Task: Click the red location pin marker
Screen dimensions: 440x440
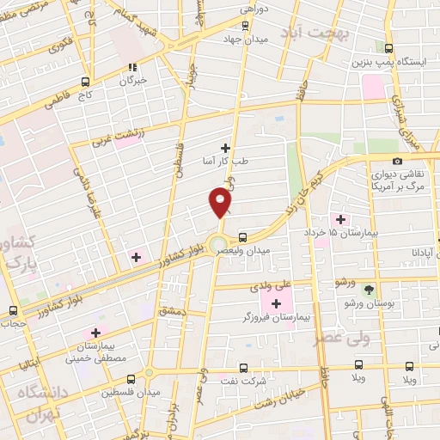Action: [221, 203]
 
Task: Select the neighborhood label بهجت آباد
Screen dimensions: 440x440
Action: [341, 34]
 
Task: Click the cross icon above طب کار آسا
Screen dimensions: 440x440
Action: [226, 149]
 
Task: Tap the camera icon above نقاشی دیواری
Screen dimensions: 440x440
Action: [397, 161]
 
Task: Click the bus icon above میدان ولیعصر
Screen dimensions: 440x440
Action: [243, 236]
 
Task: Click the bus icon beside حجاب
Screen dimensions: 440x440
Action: [12, 310]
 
